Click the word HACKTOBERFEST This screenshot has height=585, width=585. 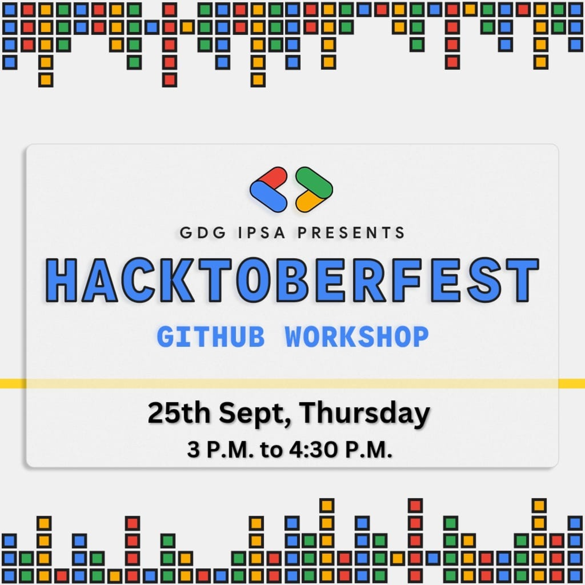292,280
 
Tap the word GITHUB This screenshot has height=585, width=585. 211,337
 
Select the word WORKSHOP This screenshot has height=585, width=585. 357,337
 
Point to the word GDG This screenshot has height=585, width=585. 203,233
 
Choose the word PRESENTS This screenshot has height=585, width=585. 351,233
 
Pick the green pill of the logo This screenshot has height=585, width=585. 314,183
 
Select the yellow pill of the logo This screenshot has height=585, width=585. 306,201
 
